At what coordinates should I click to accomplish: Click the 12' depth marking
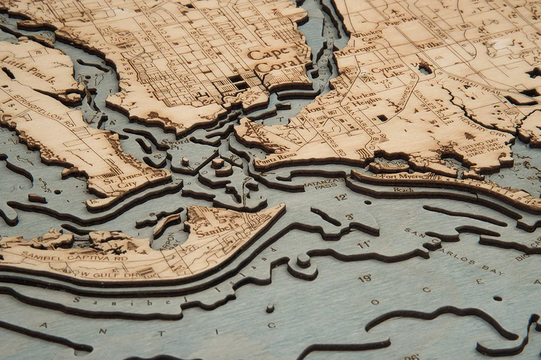click(x=341, y=198)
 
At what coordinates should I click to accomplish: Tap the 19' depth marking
click(x=365, y=278)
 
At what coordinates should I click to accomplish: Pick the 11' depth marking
click(x=364, y=245)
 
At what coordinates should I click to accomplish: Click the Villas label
click(x=430, y=46)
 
